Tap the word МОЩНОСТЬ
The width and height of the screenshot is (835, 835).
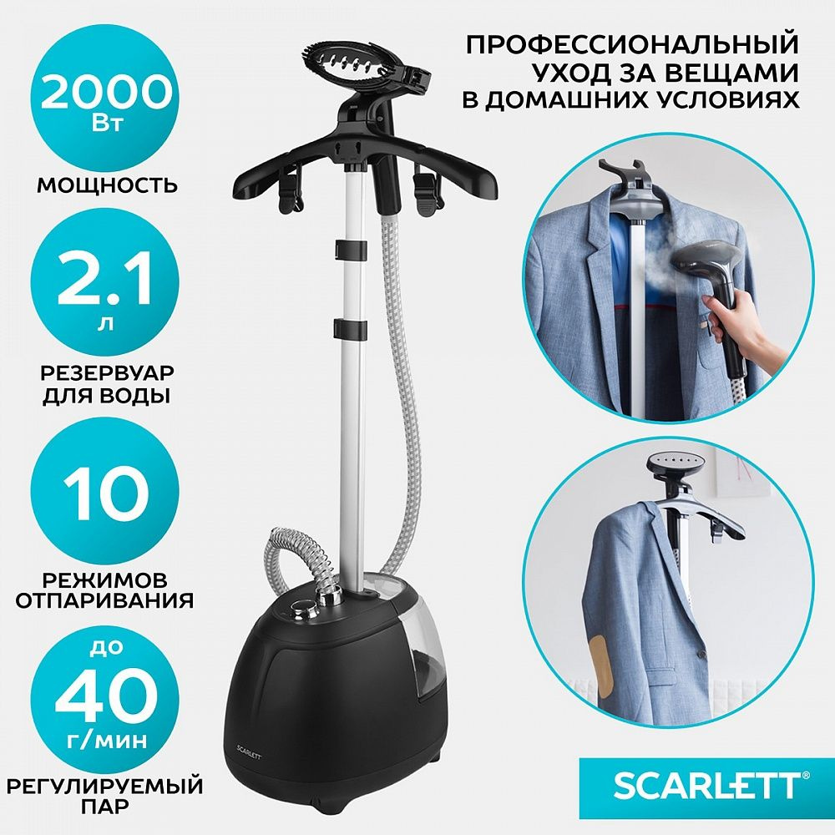[107, 185]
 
